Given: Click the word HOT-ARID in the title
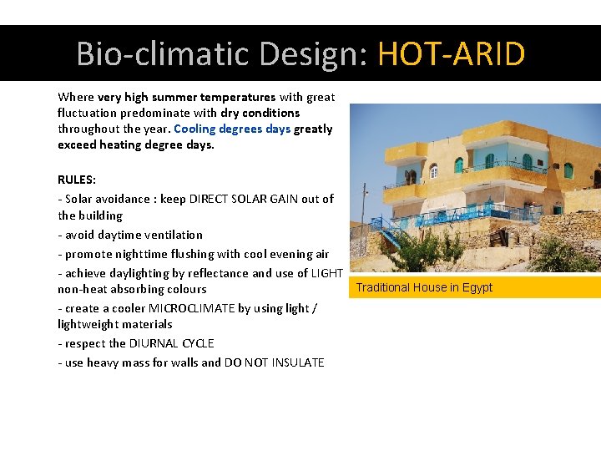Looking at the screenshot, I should pos(451,54).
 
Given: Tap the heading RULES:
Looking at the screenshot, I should pos(77,180).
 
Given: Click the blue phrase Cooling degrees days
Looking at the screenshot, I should pos(232,129).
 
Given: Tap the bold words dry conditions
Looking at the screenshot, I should pos(260,113).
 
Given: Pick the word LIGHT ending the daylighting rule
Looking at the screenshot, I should pos(326,273).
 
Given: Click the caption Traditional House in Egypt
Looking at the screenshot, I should pos(424,287).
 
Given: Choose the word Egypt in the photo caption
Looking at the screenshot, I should pos(477,287).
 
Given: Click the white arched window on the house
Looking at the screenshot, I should pos(434,170).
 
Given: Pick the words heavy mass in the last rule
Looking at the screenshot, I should pos(115,362).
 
